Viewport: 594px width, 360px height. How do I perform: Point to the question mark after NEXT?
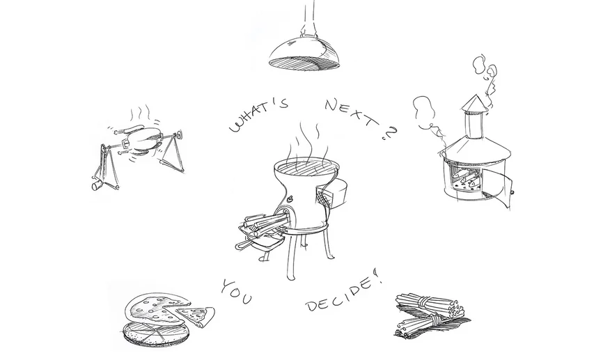[x=390, y=134]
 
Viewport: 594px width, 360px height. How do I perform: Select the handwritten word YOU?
[x=237, y=292]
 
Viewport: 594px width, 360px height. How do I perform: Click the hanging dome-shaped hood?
[x=304, y=52]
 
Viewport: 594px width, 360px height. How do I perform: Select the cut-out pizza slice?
[x=196, y=315]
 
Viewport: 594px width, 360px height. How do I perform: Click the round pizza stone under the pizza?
[x=155, y=334]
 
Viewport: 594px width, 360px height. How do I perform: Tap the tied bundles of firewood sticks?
[x=431, y=315]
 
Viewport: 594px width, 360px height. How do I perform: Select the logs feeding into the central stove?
[x=262, y=224]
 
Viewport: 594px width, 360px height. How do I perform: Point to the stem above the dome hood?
[x=308, y=17]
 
